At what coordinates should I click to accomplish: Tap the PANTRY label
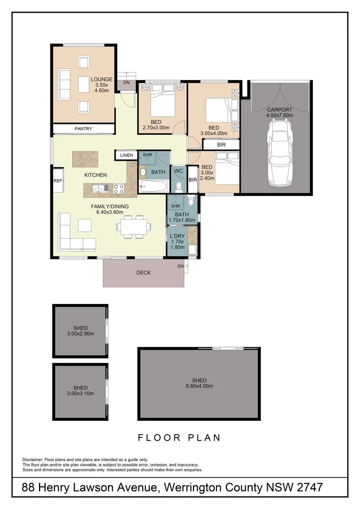tap(83, 129)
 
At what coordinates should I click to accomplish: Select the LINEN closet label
tap(126, 155)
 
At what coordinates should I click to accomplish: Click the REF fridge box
tap(57, 181)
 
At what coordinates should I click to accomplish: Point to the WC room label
tap(178, 171)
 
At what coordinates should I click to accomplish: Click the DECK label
tap(143, 272)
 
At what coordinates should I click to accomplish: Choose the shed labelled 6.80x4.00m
tap(199, 383)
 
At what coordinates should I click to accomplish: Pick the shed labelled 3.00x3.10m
tap(80, 390)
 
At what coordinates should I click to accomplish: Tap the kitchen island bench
tap(85, 159)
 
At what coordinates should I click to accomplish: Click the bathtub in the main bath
tap(153, 187)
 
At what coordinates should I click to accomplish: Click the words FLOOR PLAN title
tap(179, 438)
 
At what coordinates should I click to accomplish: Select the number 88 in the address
tap(30, 488)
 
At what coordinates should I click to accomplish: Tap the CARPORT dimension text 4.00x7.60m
tap(280, 115)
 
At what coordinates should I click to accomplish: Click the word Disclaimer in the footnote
tap(33, 460)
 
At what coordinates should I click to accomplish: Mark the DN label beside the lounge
tap(126, 83)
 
